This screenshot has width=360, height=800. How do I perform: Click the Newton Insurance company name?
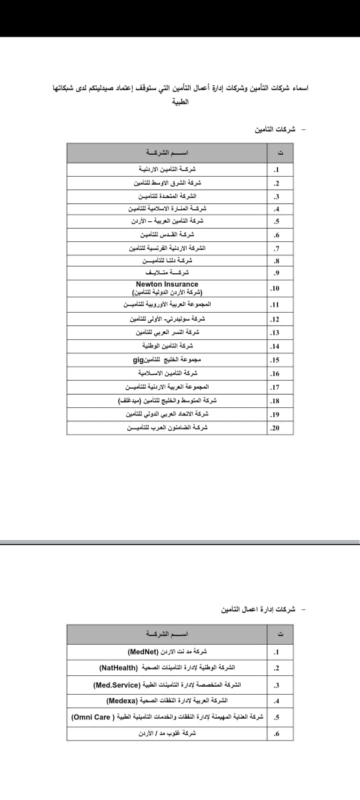[167, 284]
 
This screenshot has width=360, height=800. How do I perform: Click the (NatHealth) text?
[119, 667]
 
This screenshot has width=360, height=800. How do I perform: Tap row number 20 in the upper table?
[273, 428]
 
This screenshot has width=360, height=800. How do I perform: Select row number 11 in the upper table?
[273, 305]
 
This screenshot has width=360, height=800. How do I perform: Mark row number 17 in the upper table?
[273, 387]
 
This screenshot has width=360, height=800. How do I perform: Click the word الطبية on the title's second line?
[181, 102]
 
